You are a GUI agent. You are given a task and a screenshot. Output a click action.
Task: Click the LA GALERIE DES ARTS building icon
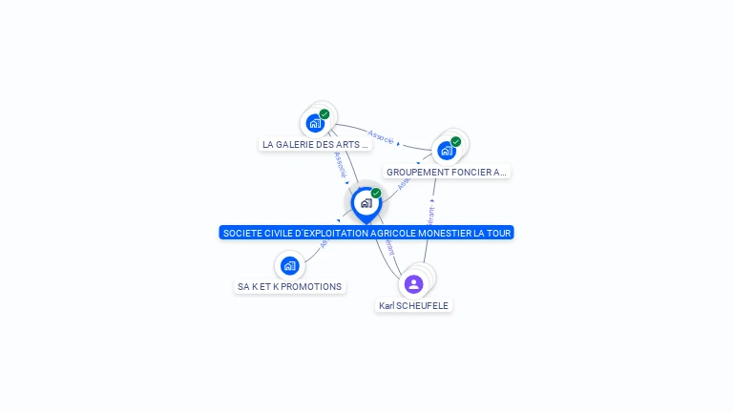pos(315,123)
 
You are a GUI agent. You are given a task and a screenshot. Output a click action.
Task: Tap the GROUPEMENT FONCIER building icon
pos(446,150)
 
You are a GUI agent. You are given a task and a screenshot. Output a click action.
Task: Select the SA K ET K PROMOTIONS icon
pos(289,265)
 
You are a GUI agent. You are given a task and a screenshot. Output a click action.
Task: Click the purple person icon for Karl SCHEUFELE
pos(413,283)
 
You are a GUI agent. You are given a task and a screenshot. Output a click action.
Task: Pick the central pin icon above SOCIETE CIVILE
pos(366,203)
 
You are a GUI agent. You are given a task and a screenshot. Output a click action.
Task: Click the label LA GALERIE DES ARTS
pos(315,145)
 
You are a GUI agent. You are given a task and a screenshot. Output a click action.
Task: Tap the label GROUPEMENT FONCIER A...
pos(447,173)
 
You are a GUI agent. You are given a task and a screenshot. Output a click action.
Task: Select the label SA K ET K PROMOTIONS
pos(289,286)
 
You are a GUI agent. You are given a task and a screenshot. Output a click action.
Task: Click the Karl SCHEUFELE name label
pos(413,306)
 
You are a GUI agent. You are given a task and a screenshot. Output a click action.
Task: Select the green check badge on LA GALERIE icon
pos(325,114)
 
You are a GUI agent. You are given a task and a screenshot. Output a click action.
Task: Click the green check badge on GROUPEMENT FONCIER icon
pos(456,141)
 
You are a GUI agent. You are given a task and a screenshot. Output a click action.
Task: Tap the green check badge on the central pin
pos(376,194)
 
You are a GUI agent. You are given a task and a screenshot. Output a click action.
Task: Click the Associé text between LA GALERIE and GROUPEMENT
pos(381,135)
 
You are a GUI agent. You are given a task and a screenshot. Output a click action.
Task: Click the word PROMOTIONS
pos(311,286)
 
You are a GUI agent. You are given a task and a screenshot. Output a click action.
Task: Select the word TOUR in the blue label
pos(500,233)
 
